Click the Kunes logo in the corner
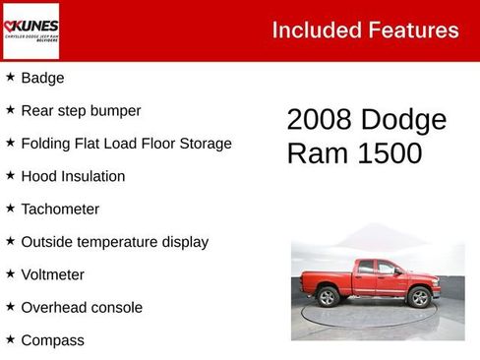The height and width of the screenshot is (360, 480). tap(31, 30)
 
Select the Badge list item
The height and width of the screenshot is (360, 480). tap(42, 78)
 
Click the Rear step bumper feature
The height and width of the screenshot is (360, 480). tap(81, 110)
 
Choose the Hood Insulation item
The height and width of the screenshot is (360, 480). tap(73, 176)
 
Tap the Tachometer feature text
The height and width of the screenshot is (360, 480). tap(60, 209)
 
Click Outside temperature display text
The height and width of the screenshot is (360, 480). tap(114, 241)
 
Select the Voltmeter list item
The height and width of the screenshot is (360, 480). tap(52, 274)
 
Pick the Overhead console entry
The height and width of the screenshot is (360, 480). tap(82, 307)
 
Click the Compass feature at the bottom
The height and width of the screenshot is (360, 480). tap(52, 340)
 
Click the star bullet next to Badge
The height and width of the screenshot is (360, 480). tap(10, 77)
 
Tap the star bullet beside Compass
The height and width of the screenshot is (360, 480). tap(10, 339)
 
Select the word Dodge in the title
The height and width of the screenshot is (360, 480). tap(403, 120)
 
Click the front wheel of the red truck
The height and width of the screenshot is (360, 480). tap(420, 297)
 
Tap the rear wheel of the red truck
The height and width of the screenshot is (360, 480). tap(328, 296)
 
